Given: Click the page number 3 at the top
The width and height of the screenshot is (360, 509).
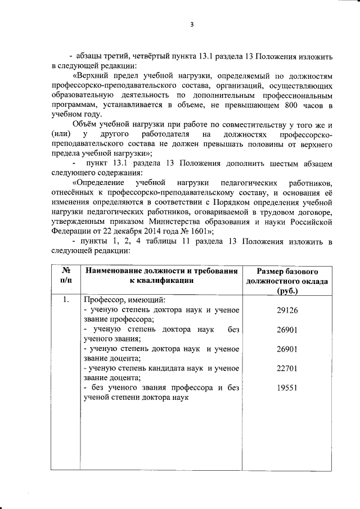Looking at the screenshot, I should (191, 25).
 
